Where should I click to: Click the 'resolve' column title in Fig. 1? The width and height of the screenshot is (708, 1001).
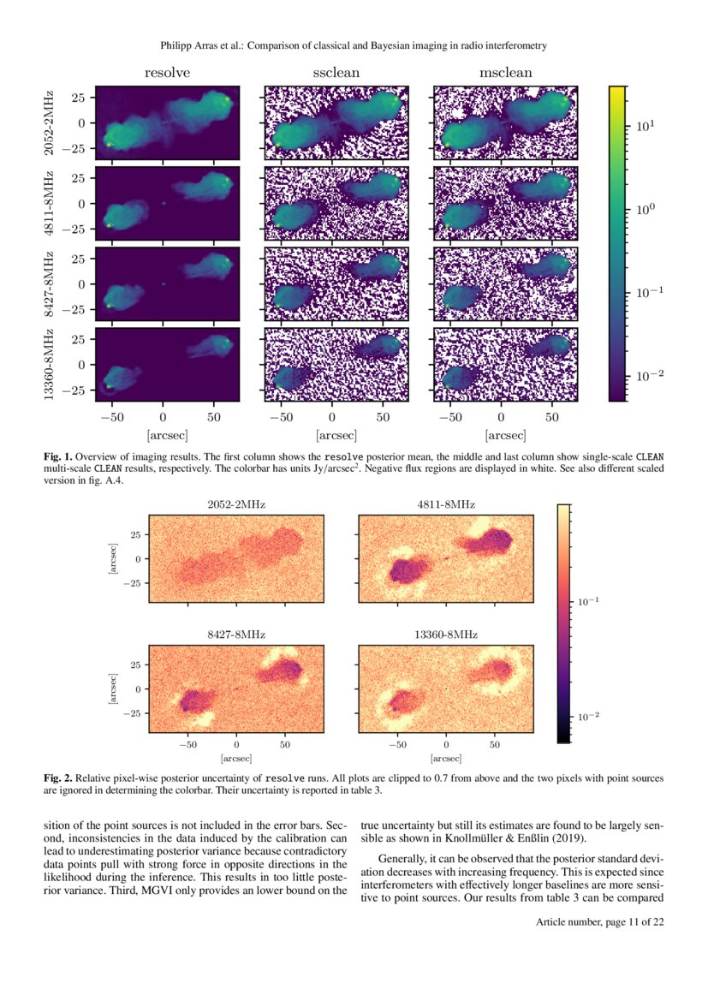click(167, 74)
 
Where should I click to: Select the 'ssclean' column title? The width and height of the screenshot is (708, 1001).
click(336, 74)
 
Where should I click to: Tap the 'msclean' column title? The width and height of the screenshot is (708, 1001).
click(505, 74)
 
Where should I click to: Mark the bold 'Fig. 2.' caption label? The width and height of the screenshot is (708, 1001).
click(58, 778)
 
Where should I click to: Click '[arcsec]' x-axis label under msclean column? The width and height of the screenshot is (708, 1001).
click(505, 435)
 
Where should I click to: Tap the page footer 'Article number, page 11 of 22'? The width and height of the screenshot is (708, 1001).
click(600, 921)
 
